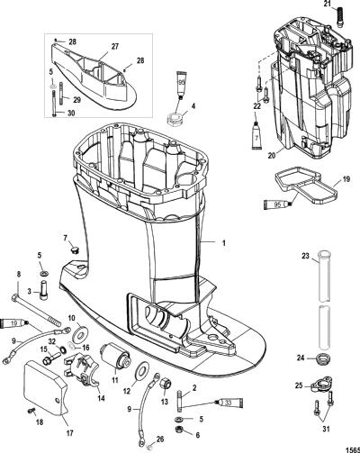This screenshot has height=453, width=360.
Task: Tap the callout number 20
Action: [x=273, y=156]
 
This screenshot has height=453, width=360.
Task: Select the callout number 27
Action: [x=115, y=47]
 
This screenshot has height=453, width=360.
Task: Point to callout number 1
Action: [x=223, y=243]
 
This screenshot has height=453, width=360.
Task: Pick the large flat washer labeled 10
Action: [x=81, y=331]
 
